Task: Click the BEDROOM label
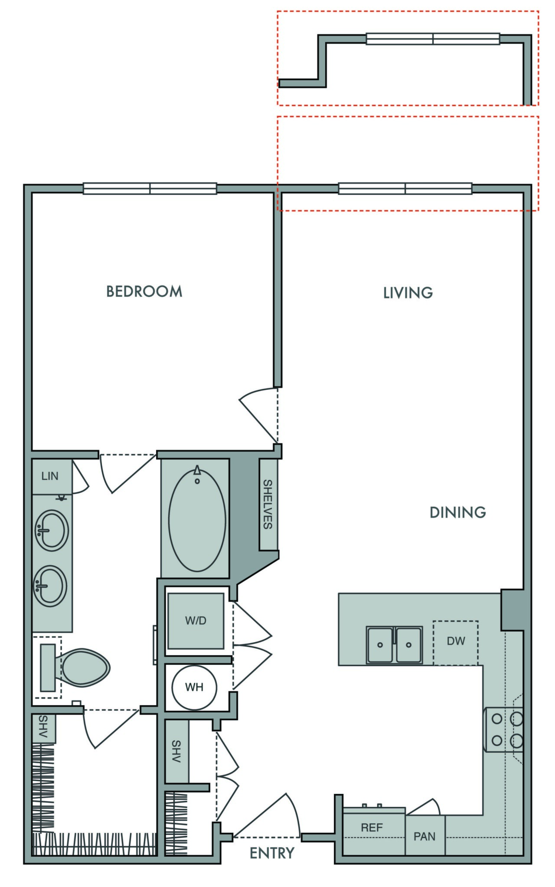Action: point(144,291)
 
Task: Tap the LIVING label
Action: point(408,293)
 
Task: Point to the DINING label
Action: point(457,512)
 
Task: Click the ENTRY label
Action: point(272,853)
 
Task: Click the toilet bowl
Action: point(85,667)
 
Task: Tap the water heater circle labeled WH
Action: point(194,687)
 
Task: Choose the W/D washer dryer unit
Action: point(196,621)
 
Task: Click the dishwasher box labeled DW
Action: point(456,642)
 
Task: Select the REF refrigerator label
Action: point(372,828)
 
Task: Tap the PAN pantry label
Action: point(424,836)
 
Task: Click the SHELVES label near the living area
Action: point(268,504)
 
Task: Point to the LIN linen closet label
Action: point(50,476)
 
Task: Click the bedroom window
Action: point(150,188)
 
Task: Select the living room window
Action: point(405,188)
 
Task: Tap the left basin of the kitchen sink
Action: point(380,645)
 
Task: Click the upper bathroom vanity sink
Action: point(51,530)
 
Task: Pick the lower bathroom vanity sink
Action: point(50,586)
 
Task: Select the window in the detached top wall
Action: point(433,39)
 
